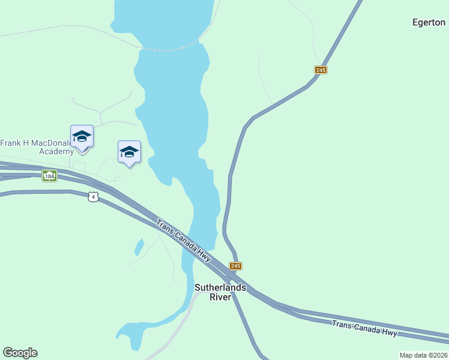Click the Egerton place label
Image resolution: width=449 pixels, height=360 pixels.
point(429,23)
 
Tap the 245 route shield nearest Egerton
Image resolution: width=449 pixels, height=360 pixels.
point(321,70)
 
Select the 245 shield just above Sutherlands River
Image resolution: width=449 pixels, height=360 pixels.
point(235,266)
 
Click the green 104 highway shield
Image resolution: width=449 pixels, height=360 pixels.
point(49,176)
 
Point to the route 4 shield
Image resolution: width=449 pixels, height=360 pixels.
point(92,197)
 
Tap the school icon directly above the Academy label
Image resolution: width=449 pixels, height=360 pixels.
point(82,137)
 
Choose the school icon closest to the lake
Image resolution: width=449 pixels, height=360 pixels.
point(129,153)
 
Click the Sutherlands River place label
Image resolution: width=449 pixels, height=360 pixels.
point(220,292)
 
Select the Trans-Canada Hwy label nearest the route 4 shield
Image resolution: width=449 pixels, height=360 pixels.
point(184,241)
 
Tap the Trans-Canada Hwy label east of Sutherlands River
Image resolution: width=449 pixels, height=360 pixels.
point(364,328)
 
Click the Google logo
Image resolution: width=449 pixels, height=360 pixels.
point(20,353)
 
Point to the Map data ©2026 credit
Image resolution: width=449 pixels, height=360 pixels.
point(423,355)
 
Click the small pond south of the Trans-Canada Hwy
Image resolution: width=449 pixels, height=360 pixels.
point(139,247)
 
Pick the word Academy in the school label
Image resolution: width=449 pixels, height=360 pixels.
point(56,151)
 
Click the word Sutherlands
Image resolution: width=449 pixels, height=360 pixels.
point(220,287)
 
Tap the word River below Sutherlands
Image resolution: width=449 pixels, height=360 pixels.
point(220,297)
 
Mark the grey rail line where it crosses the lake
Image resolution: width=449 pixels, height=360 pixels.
point(171,49)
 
